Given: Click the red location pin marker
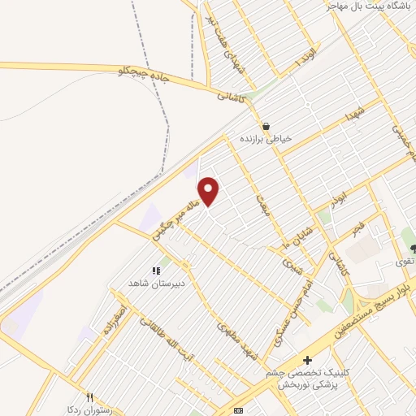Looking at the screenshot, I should coord(210,191).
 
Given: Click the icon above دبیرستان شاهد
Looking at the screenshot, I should coord(155,271).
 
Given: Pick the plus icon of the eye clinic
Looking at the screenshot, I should coord(307,360).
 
